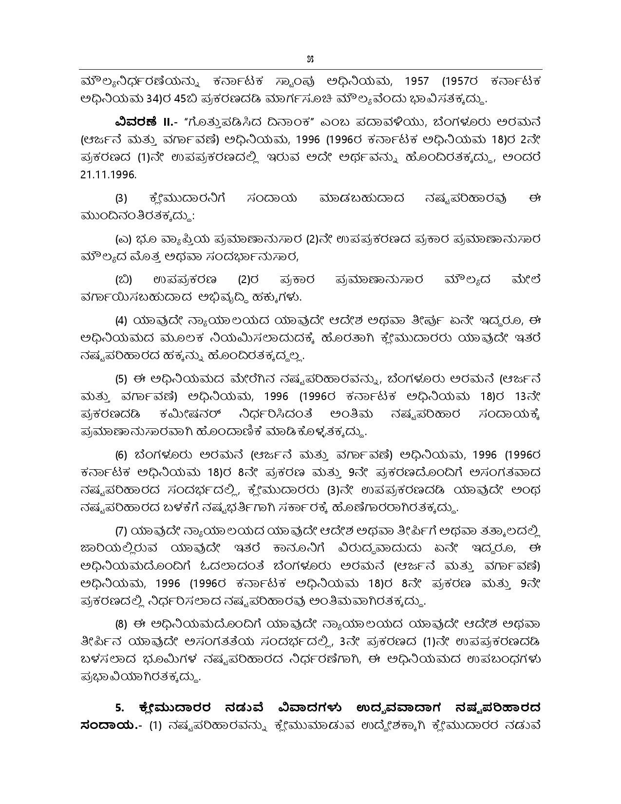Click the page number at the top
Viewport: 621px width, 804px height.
pos(310,60)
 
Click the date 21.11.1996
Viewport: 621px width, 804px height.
pos(108,174)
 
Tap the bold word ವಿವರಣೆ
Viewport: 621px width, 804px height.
pos(136,121)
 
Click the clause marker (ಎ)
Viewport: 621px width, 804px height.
pos(123,239)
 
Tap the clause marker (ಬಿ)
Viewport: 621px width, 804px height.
pos(123,280)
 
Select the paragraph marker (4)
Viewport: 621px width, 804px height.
pos(121,321)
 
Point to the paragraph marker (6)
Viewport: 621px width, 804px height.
pos(121,455)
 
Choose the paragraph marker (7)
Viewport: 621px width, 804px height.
pos(121,531)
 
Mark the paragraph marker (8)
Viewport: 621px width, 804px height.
pos(121,624)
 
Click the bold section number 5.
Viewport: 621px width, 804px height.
pos(118,707)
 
